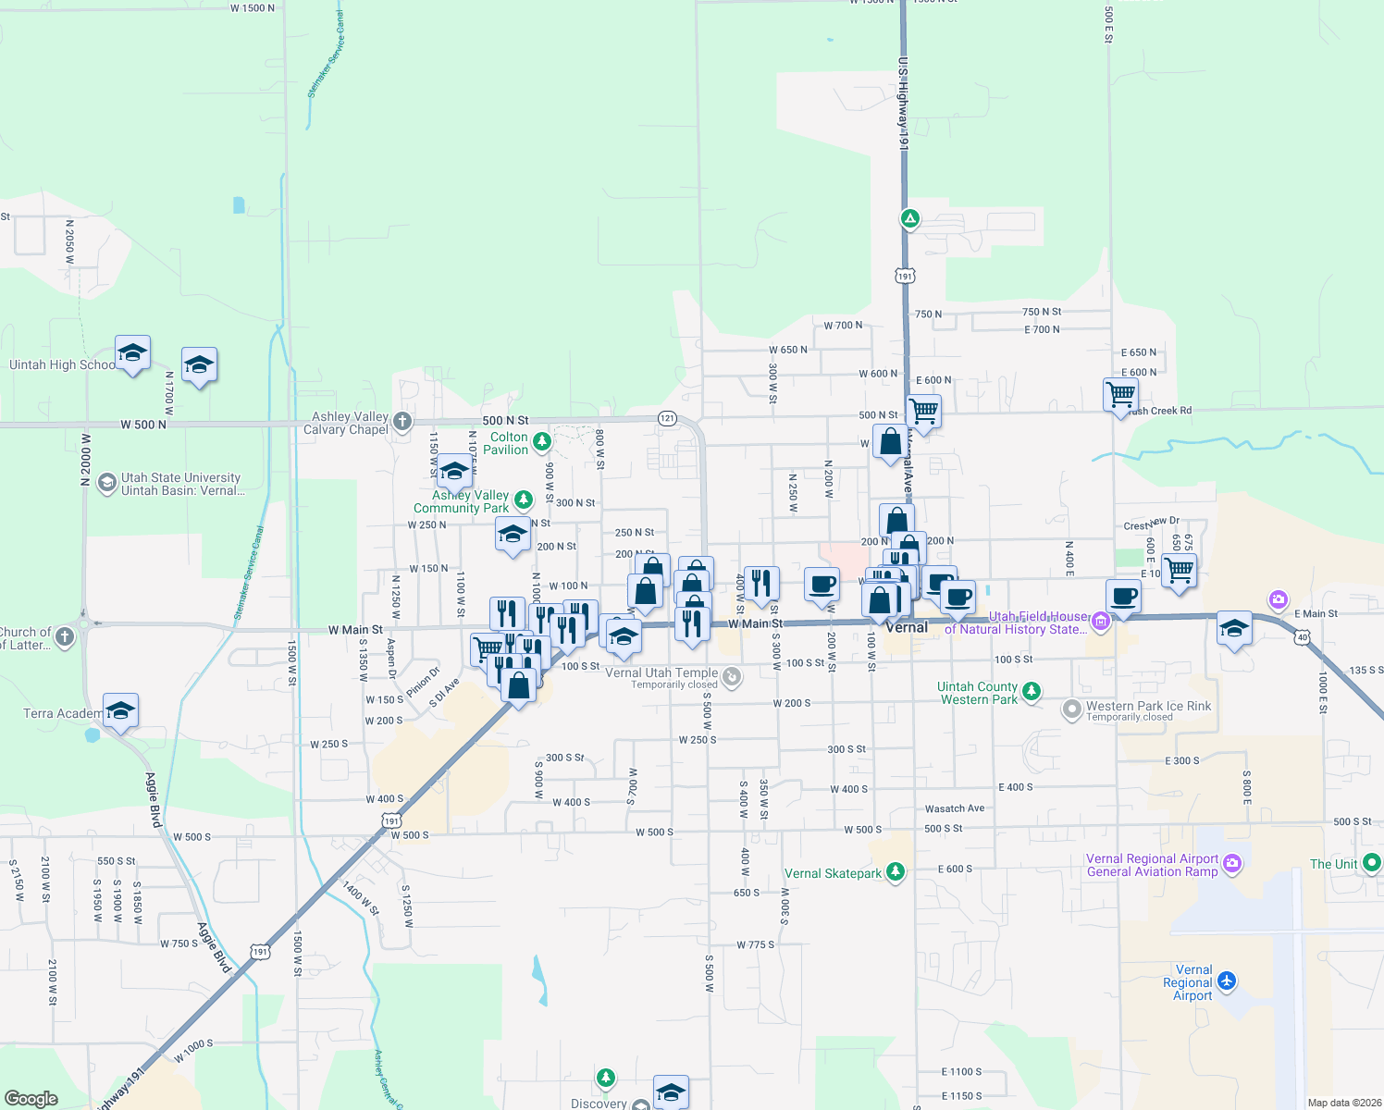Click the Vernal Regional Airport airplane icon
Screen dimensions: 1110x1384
pyautogui.click(x=1227, y=980)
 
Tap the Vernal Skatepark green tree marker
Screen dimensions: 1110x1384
pyautogui.click(x=895, y=872)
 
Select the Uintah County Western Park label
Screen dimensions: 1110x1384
pyautogui.click(x=978, y=694)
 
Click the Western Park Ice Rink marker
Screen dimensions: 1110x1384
pyautogui.click(x=1071, y=709)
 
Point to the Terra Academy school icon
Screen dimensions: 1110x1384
pyautogui.click(x=120, y=710)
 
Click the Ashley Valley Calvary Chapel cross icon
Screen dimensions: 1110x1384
pyautogui.click(x=402, y=422)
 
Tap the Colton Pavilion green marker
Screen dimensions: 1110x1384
pyautogui.click(x=542, y=441)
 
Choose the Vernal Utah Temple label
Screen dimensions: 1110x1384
pyautogui.click(x=661, y=673)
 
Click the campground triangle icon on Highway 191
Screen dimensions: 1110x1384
pyautogui.click(x=910, y=219)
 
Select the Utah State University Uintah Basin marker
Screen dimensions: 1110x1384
pyautogui.click(x=107, y=483)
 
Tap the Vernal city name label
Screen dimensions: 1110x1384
pyautogui.click(x=907, y=627)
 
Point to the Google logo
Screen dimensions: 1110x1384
pyautogui.click(x=31, y=1098)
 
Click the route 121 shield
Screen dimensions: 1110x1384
pyautogui.click(x=667, y=418)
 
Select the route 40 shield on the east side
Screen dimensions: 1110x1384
pyautogui.click(x=1303, y=637)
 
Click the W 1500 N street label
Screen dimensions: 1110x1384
pyautogui.click(x=253, y=8)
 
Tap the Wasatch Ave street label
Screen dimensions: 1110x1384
pyautogui.click(x=955, y=808)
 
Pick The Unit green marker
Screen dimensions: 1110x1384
pyautogui.click(x=1372, y=863)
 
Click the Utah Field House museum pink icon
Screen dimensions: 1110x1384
pyautogui.click(x=1101, y=621)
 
